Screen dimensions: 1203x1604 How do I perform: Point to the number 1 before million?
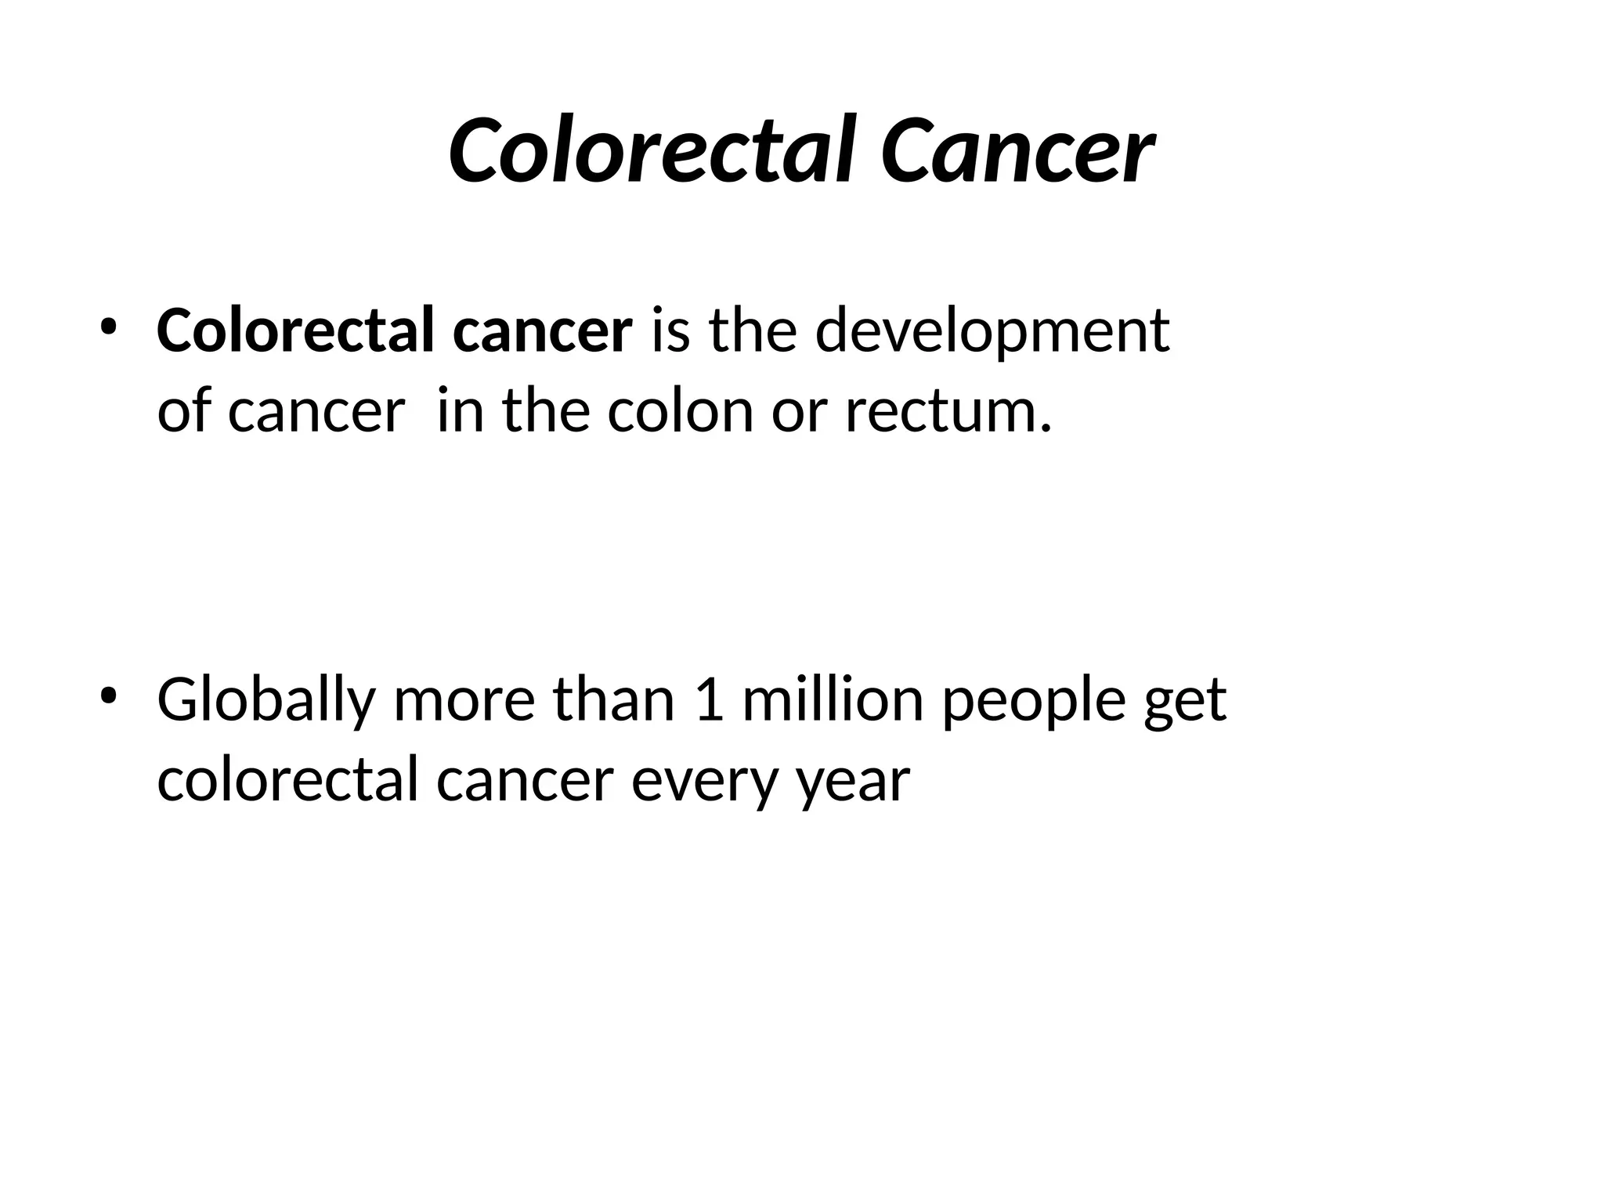(x=708, y=699)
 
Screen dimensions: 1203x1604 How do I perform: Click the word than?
(x=613, y=699)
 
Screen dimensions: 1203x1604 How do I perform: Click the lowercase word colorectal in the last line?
(x=287, y=781)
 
